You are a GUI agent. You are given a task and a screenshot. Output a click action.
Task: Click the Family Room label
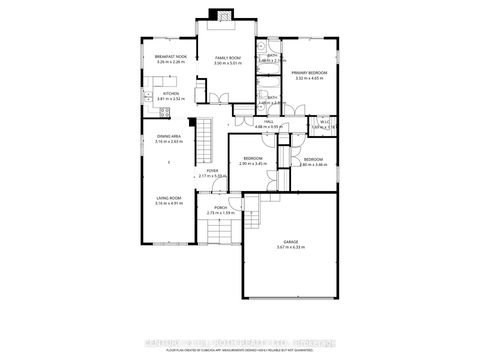click(227, 58)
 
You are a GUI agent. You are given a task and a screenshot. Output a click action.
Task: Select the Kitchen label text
click(171, 94)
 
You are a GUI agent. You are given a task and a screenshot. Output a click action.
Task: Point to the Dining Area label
click(168, 136)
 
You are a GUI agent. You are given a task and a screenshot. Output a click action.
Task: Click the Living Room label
click(168, 198)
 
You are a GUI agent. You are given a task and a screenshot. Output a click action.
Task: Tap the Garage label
click(291, 258)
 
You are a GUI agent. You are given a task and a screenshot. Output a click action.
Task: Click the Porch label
click(219, 207)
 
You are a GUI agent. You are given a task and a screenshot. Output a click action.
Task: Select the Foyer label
click(213, 171)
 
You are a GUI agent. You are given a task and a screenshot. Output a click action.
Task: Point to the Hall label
click(269, 121)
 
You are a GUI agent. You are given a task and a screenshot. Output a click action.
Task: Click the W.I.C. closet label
click(325, 121)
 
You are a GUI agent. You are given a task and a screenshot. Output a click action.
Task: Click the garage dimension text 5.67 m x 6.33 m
click(291, 264)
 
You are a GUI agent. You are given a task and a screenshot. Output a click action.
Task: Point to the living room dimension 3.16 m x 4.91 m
click(168, 204)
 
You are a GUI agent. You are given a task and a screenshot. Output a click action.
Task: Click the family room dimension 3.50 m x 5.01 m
click(227, 64)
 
